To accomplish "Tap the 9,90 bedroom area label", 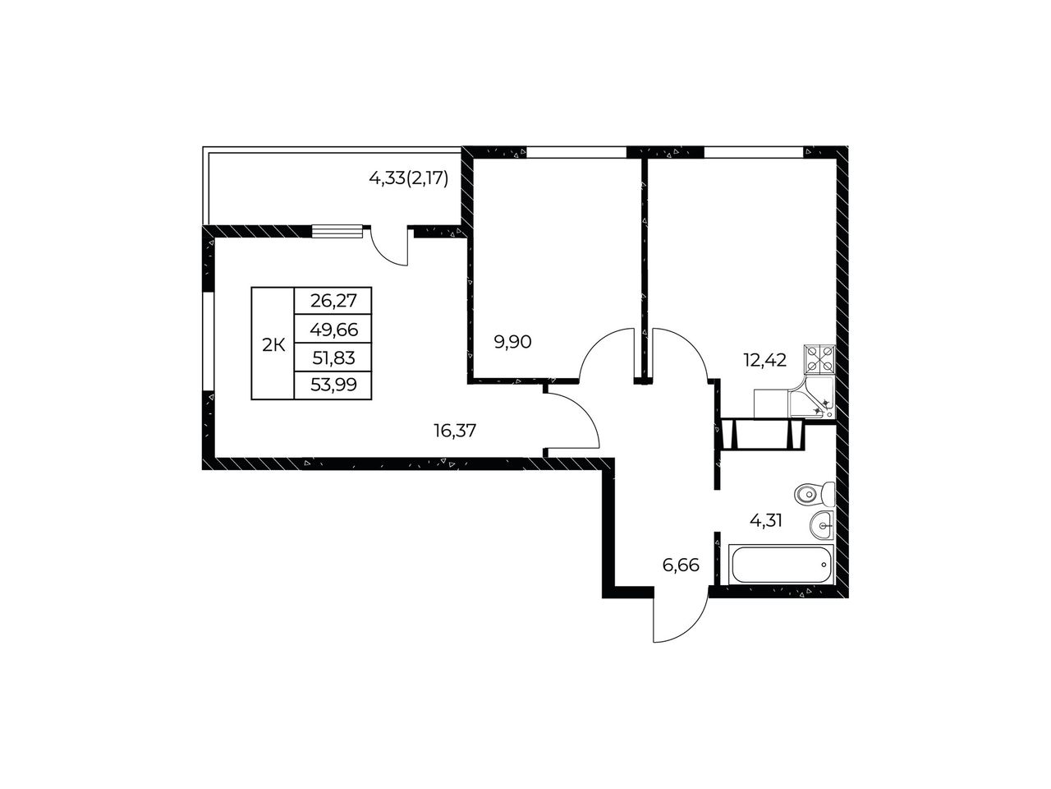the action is [x=513, y=342].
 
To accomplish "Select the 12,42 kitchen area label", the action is [x=764, y=359].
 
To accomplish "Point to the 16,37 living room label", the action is [x=455, y=431].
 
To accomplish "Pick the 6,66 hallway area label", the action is [x=681, y=565].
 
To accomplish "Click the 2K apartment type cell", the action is [x=273, y=344].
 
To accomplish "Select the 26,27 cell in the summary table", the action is [x=333, y=301].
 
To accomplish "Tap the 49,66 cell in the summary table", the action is [x=333, y=329].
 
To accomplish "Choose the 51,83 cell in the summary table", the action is [x=333, y=358].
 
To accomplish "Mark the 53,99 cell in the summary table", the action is [x=333, y=385].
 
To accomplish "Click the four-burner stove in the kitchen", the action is [x=819, y=359].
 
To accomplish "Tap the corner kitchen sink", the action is [x=812, y=398].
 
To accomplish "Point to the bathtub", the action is [x=781, y=565].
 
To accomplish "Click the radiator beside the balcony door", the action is [x=337, y=232].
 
